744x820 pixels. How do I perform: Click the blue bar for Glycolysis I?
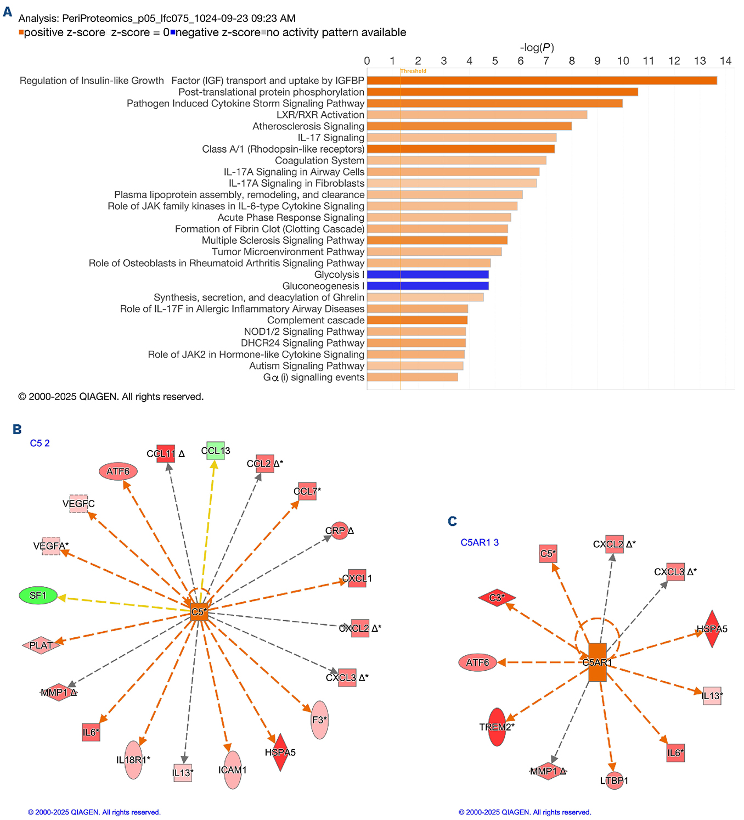427,274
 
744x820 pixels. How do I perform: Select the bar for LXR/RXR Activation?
477,115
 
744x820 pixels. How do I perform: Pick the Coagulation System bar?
456,160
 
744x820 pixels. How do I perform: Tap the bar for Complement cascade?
417,320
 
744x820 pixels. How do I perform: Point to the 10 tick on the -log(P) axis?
623,61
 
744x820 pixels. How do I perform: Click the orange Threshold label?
413,71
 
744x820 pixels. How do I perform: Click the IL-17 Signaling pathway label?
331,138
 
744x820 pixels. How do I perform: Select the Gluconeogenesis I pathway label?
323,286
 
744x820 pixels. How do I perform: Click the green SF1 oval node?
38,596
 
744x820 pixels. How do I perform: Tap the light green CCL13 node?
216,451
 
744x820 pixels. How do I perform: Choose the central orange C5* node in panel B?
199,611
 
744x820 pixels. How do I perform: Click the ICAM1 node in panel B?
233,770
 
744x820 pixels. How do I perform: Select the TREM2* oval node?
497,727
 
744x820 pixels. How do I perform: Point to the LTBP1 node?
614,780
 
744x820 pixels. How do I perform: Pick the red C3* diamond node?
497,598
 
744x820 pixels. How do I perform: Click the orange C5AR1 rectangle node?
597,662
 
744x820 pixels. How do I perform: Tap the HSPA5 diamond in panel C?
712,629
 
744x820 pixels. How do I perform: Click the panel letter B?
17,430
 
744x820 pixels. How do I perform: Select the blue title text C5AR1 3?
480,543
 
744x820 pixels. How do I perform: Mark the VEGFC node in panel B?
78,504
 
